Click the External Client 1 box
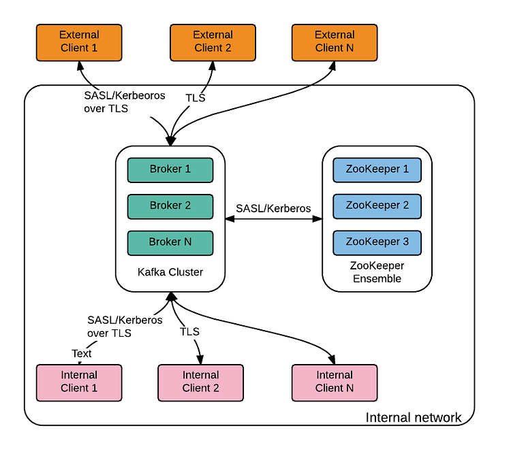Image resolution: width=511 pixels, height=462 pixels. pos(78,42)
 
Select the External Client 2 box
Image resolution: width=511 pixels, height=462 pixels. pos(213,42)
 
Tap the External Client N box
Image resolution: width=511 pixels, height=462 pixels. pos(335,42)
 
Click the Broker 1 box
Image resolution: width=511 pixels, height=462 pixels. pos(170,169)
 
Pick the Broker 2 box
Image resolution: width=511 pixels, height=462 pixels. pos(170,205)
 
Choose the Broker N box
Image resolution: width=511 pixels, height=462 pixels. pos(170,242)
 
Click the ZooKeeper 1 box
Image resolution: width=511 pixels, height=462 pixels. pos(377,169)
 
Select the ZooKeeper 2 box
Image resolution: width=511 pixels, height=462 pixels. pos(377,205)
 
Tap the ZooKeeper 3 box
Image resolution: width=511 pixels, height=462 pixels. pos(377,242)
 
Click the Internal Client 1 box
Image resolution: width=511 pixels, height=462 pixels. pos(78,382)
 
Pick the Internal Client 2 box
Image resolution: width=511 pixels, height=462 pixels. pos(200,382)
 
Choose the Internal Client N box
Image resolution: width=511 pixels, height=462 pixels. pos(335,382)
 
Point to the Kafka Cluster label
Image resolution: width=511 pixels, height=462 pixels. pos(170,272)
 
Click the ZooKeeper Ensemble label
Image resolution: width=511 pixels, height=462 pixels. pos(377,272)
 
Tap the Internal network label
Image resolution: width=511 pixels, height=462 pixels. pos(414,417)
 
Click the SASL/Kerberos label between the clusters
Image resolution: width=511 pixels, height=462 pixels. pos(273,208)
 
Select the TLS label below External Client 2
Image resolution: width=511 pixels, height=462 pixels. pos(196,98)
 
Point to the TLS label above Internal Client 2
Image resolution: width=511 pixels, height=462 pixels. pos(189,331)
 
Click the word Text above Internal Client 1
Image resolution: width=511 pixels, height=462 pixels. pos(81,353)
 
